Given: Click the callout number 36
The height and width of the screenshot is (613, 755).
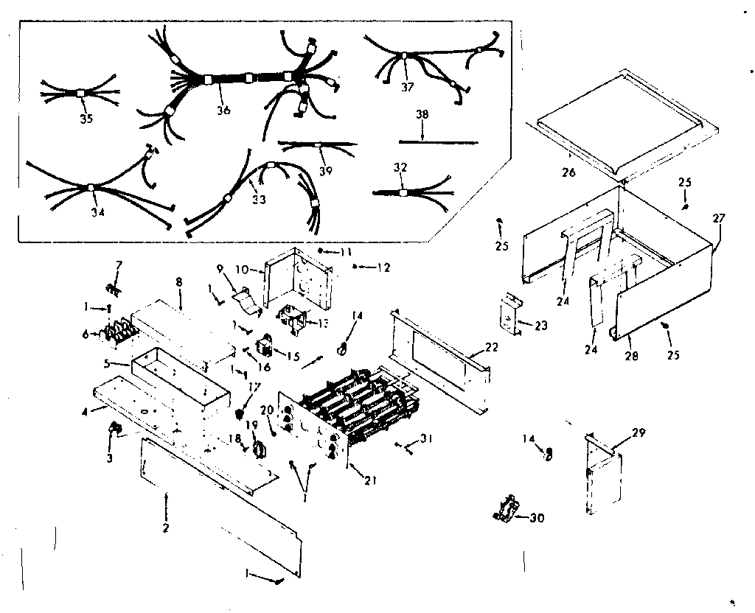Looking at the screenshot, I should tap(223, 111).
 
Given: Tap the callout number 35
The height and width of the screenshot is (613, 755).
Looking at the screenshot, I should tap(86, 119).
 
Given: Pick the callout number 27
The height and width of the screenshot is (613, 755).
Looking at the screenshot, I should tap(718, 218).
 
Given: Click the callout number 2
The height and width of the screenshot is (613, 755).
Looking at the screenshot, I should tap(166, 528).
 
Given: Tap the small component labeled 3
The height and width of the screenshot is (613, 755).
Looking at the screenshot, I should tap(115, 428).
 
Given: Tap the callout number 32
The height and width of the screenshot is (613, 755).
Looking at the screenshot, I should tap(400, 167).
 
